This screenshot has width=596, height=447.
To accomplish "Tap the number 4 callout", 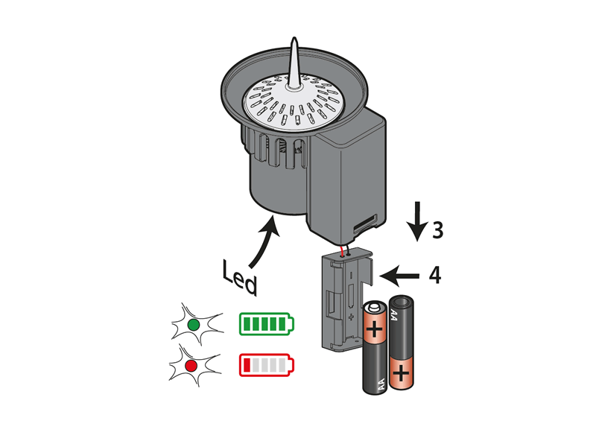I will (x=434, y=276).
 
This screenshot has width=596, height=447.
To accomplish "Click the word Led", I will (x=238, y=276).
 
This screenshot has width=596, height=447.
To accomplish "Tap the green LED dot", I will (x=193, y=325).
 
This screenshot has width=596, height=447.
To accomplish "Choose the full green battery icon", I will (x=266, y=324).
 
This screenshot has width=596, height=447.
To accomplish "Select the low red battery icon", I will (x=266, y=366).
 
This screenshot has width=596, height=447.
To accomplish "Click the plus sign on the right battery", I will (x=402, y=370).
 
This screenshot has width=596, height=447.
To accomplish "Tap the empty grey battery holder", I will (x=345, y=298).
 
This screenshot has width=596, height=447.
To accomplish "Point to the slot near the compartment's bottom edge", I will (x=364, y=223).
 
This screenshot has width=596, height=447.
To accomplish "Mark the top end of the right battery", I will (x=401, y=302).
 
